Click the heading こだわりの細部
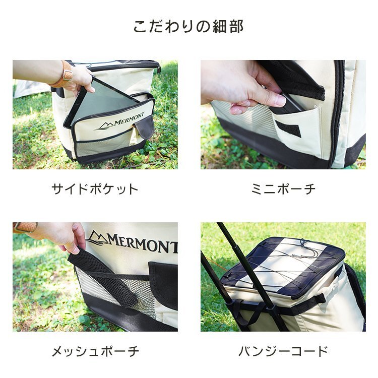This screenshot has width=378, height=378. point(188,27)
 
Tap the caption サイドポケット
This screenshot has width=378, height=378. point(95,189)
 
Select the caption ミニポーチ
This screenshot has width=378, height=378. point(283,189)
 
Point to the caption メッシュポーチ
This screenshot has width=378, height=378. point(95,351)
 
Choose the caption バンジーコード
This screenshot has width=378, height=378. point(283,351)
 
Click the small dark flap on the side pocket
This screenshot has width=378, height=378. point(145,128)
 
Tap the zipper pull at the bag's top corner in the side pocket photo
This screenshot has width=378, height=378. point(159,69)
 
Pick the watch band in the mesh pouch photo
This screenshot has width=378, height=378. point(25,227)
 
